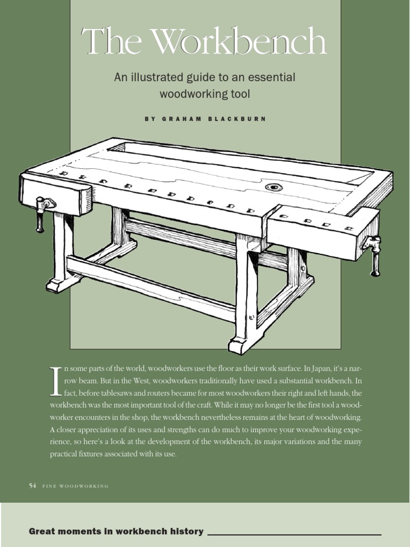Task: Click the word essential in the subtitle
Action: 269,77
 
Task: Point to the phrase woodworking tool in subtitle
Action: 205,94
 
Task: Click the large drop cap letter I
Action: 56,381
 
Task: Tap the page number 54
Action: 32,486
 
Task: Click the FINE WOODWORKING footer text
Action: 75,486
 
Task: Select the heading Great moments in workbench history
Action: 116,531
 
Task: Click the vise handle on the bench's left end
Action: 41,213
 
